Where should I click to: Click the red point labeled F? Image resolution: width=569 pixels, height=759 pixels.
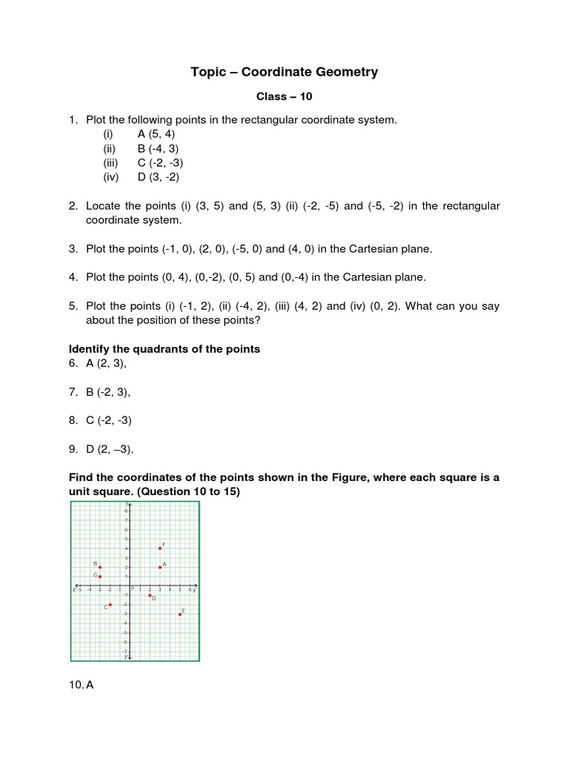point(160,548)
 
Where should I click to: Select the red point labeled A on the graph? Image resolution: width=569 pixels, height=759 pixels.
point(160,568)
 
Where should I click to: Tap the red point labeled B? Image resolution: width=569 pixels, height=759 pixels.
point(100,568)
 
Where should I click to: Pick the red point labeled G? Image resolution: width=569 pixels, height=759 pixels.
point(100,577)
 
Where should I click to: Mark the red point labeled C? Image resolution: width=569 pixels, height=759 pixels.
point(110,605)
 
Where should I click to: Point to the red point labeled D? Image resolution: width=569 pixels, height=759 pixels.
point(150,595)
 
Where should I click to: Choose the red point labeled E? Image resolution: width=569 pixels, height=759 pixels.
point(180,614)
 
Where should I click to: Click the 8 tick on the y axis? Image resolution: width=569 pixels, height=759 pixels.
point(127,511)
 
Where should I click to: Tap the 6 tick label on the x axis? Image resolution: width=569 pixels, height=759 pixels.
point(190,590)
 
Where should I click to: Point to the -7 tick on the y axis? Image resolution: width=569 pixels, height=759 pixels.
point(126,652)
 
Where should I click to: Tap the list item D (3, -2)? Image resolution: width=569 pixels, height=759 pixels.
point(158,177)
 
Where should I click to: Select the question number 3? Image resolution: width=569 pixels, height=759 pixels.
point(73,249)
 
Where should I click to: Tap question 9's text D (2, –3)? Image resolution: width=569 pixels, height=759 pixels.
point(110,448)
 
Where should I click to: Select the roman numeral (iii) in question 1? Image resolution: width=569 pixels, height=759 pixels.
point(111,162)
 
